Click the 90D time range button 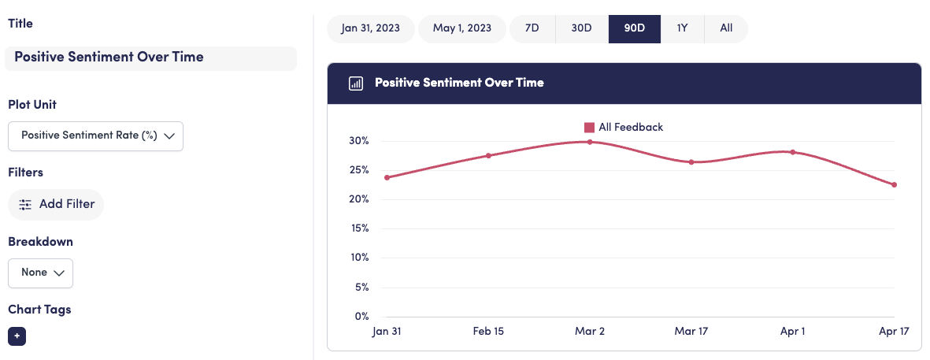pos(634,28)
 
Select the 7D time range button pos(532,28)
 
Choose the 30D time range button pos(581,28)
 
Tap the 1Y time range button pos(682,28)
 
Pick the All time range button pos(726,28)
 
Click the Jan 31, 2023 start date pos(370,28)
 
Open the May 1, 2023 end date pos(462,28)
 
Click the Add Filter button pos(56,204)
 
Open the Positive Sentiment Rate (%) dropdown pos(95,135)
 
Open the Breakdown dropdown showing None pos(40,273)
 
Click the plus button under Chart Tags pos(17,336)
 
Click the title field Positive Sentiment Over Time pos(150,58)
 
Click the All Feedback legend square pos(589,127)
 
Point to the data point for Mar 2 pos(590,142)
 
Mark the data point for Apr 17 pos(895,185)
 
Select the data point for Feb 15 pos(488,155)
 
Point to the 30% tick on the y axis pos(358,141)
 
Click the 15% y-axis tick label pos(358,228)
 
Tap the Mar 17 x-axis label pos(691,332)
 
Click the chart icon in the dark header pos(356,83)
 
